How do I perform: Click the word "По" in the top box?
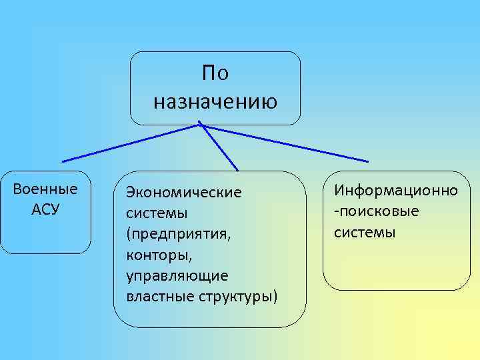point(215,73)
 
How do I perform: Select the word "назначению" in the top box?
point(215,102)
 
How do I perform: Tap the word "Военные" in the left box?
point(45,189)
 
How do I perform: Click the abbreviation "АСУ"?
point(45,209)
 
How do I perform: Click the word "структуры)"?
point(238,295)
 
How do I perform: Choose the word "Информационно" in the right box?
point(396,191)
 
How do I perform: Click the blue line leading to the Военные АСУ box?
point(130,143)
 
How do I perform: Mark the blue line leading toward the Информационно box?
point(287,144)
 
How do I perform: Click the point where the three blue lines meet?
point(201,125)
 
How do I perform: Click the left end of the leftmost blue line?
point(63,161)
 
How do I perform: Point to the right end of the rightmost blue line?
point(367,161)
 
